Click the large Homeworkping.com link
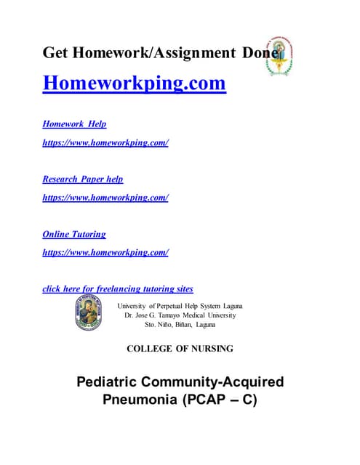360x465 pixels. point(135,84)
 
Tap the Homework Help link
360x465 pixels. point(74,124)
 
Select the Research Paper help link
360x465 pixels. point(83,179)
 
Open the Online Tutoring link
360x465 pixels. point(74,234)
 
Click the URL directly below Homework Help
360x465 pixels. point(105,142)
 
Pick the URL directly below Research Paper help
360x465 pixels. point(105,197)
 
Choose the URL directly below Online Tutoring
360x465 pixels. point(105,252)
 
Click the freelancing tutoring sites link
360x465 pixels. point(118,288)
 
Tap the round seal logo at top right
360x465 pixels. point(280,52)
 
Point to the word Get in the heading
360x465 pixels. point(57,52)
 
